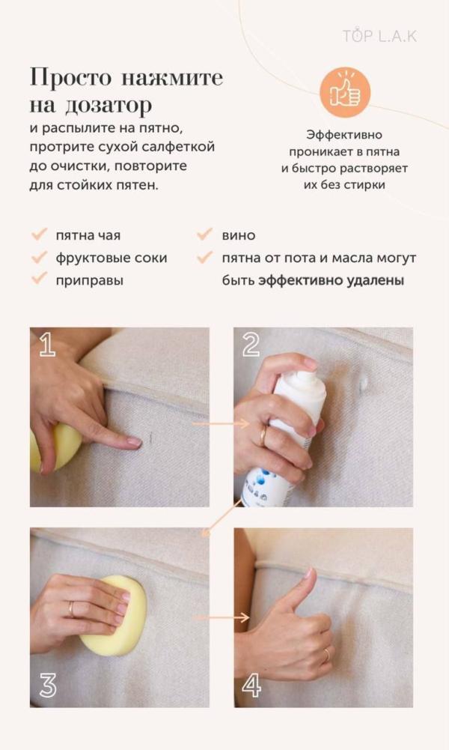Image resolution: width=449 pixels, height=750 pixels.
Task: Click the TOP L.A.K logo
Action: (x=379, y=36)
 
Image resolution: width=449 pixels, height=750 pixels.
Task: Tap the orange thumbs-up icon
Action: (x=345, y=93)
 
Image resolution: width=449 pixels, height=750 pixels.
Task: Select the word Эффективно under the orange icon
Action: (x=344, y=135)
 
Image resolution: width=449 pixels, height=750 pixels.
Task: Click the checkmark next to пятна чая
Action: (x=40, y=235)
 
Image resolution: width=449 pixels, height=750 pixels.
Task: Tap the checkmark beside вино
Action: (x=205, y=235)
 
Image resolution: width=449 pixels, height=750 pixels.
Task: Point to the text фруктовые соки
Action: (x=112, y=258)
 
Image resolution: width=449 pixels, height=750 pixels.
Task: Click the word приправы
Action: (x=89, y=280)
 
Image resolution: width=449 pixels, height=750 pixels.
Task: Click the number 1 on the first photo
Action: (x=47, y=345)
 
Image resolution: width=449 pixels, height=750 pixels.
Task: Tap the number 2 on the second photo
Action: (x=251, y=345)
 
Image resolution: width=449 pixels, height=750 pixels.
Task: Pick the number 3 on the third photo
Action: (x=48, y=685)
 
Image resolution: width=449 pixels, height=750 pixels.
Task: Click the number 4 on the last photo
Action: (x=251, y=685)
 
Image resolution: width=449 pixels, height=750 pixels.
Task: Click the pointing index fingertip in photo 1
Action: (x=135, y=443)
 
